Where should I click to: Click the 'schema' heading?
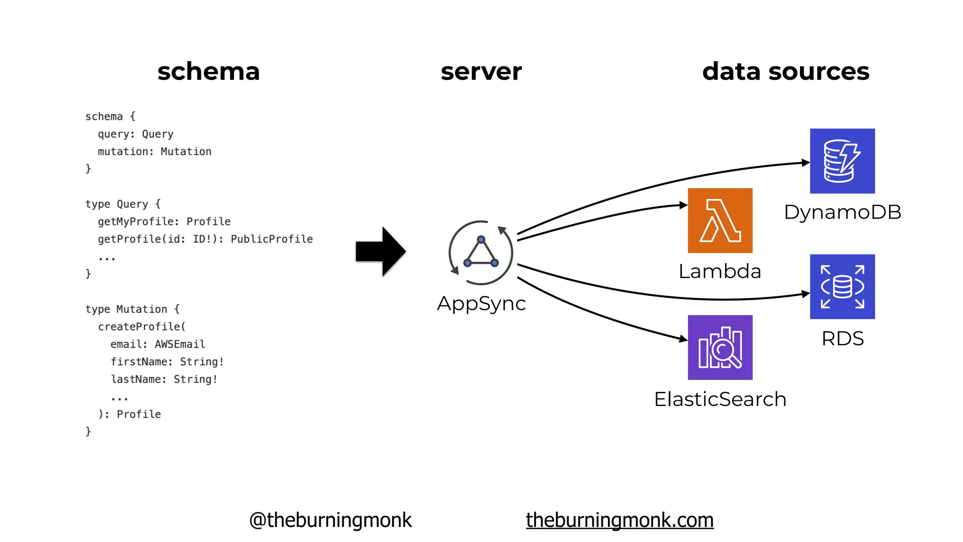tap(208, 72)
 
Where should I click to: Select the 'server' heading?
tap(481, 72)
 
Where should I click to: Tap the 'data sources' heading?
tap(785, 72)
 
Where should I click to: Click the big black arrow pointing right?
tap(380, 251)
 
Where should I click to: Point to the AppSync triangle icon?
tap(481, 253)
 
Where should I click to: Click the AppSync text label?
tap(481, 303)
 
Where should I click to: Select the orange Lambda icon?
tap(720, 221)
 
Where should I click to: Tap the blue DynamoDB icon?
tap(842, 161)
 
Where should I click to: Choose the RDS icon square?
tap(842, 287)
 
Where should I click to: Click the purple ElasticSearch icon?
tap(720, 347)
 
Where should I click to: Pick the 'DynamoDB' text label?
tap(842, 212)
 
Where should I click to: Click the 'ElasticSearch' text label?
tap(720, 399)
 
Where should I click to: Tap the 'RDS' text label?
tap(842, 339)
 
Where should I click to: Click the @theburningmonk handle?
tap(330, 520)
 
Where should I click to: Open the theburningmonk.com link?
tap(619, 520)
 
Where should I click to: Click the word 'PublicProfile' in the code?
tap(271, 239)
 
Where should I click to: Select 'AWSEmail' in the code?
tap(180, 344)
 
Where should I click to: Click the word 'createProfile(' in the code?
tap(142, 327)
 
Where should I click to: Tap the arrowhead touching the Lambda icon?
tap(683, 205)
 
